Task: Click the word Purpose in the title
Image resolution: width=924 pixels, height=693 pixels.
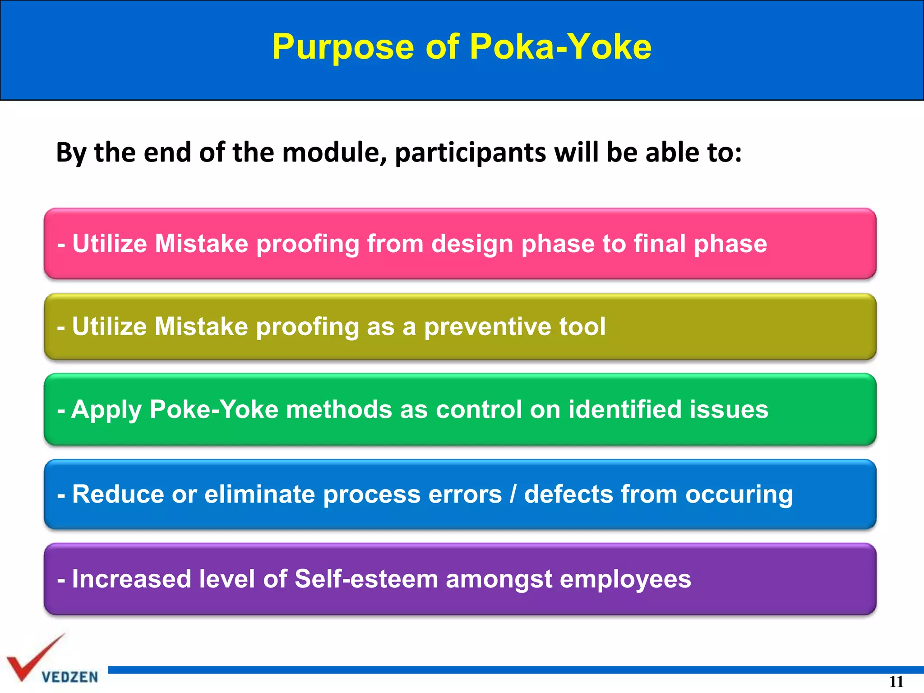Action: pos(343,48)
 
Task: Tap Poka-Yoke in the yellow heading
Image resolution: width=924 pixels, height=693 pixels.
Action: pos(560,47)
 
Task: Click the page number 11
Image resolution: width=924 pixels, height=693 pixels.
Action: pos(896,681)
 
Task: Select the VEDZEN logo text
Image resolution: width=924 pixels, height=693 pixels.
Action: pos(69,677)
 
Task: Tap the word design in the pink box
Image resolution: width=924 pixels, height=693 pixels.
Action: pos(472,244)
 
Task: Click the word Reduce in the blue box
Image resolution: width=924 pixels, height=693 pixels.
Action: pos(118,494)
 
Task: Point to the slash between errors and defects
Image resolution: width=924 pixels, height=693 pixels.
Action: pos(513,494)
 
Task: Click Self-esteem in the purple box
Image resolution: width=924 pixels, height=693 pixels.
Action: pos(366,579)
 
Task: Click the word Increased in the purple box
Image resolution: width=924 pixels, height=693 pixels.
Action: pos(131,579)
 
